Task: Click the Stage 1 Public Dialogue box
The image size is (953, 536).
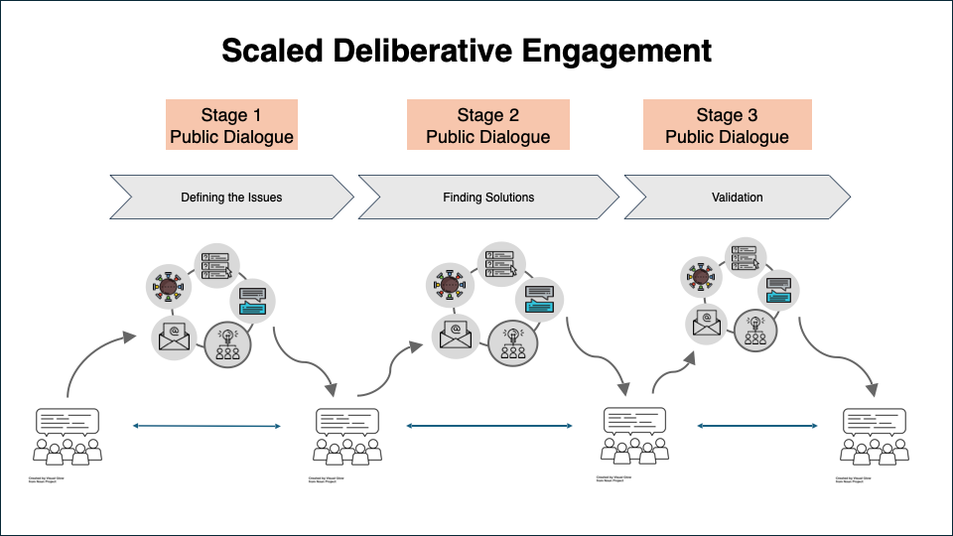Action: [x=231, y=125]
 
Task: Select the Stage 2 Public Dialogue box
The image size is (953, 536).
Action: [x=487, y=125]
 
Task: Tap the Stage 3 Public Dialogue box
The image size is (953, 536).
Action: [x=727, y=125]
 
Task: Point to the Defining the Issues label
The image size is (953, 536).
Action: [x=231, y=198]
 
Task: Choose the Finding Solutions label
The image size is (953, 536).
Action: [x=488, y=198]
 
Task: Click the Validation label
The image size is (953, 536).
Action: [x=737, y=198]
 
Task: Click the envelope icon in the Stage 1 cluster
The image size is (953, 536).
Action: [x=174, y=337]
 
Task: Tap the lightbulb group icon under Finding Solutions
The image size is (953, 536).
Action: [x=513, y=340]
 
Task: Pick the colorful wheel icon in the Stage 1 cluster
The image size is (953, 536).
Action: [x=168, y=288]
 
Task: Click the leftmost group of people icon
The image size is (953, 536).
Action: [x=68, y=436]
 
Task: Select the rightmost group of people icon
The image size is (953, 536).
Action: [x=874, y=436]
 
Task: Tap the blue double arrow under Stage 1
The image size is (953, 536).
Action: [x=207, y=426]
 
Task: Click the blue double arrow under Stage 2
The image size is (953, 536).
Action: [x=489, y=426]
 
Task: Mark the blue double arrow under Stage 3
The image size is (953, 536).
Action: [x=756, y=426]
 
